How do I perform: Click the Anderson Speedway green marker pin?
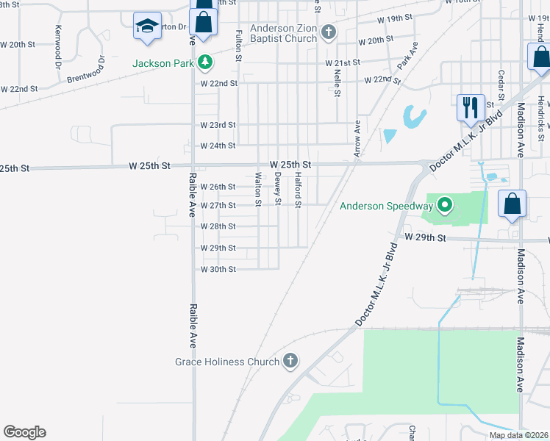pyautogui.click(x=443, y=206)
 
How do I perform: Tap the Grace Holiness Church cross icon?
pyautogui.click(x=290, y=361)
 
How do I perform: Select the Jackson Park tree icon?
pyautogui.click(x=207, y=63)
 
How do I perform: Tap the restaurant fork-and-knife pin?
pyautogui.click(x=469, y=107)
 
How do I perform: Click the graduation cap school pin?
pyautogui.click(x=147, y=27)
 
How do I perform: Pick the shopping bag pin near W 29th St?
pyautogui.click(x=512, y=204)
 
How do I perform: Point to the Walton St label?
pyautogui.click(x=258, y=184)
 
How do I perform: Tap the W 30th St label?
pyautogui.click(x=218, y=269)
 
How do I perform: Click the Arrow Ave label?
pyautogui.click(x=358, y=138)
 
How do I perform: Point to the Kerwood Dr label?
pyautogui.click(x=58, y=47)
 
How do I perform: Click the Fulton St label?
pyautogui.click(x=239, y=46)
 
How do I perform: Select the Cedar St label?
pyautogui.click(x=501, y=86)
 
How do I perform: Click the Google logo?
pyautogui.click(x=25, y=432)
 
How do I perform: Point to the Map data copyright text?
pyautogui.click(x=519, y=435)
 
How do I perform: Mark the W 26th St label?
pyautogui.click(x=218, y=187)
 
